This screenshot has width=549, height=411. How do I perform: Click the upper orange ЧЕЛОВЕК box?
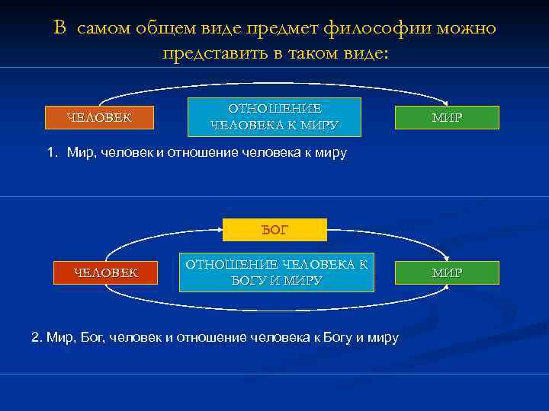click(98, 117)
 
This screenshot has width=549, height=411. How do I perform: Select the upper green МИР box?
click(446, 117)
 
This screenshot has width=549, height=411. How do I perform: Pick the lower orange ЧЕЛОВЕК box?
click(105, 272)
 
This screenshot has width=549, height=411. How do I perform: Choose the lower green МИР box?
click(446, 272)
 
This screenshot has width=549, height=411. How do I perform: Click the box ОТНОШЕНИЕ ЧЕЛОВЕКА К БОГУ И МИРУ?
click(277, 272)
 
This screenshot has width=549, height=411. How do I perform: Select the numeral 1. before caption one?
click(53, 153)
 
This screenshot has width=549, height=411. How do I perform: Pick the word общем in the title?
click(159, 28)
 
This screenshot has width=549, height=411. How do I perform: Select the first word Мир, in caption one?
click(79, 153)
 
